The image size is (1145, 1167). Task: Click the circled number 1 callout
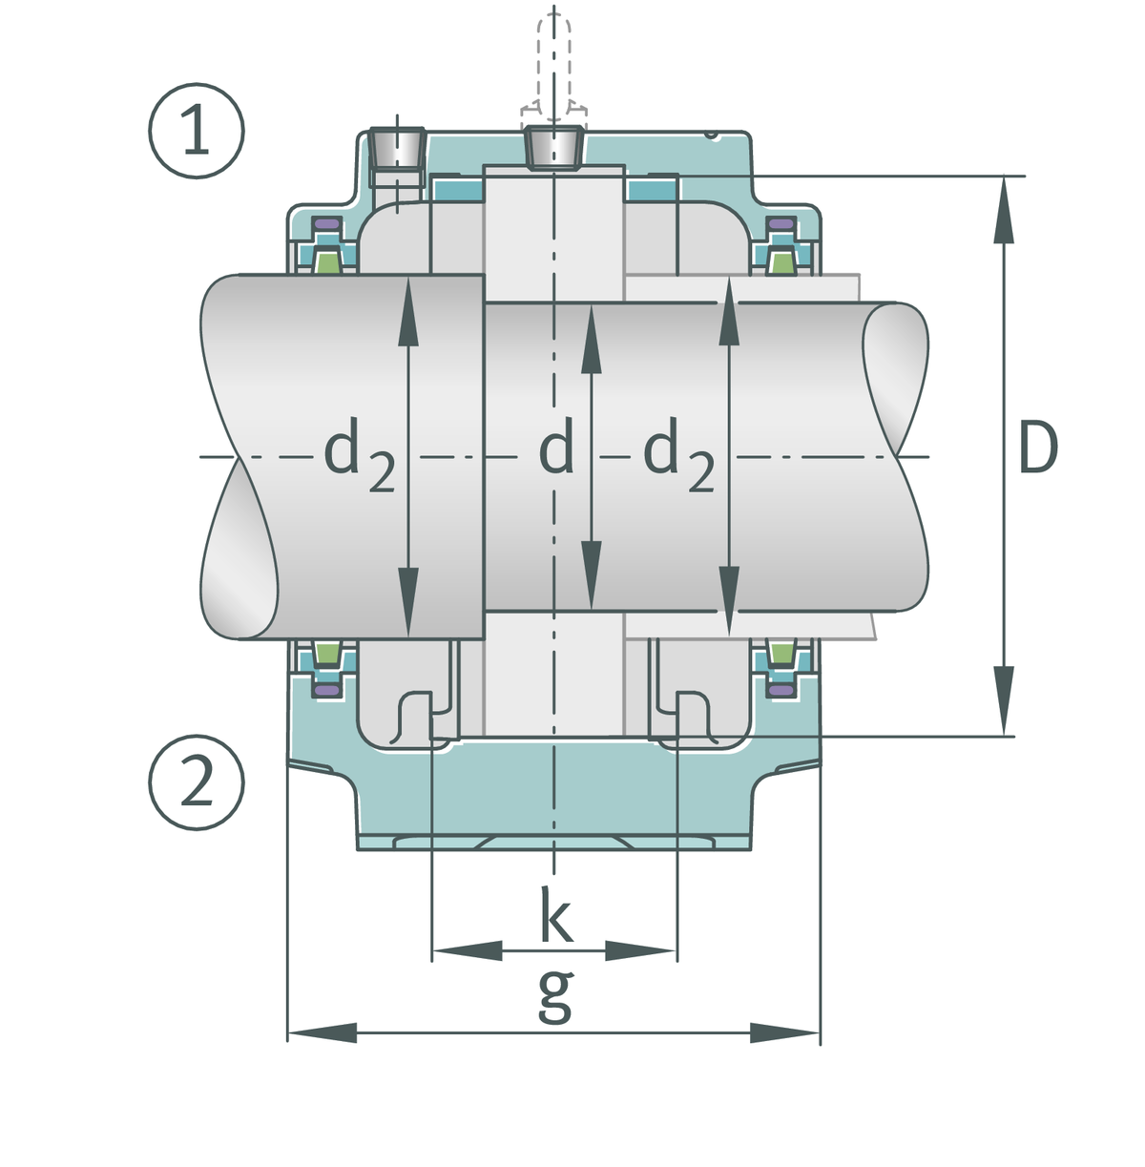[x=197, y=131]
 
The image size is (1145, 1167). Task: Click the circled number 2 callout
[x=197, y=782]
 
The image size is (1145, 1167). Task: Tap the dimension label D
[x=1038, y=448]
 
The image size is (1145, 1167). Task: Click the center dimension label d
[x=555, y=447]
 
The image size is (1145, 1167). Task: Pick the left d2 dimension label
[x=360, y=453]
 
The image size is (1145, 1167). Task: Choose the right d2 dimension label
[x=678, y=453]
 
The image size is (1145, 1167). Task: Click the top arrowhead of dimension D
[x=1004, y=210]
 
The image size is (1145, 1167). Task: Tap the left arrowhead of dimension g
[x=322, y=1033]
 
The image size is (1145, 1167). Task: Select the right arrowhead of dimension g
[x=784, y=1033]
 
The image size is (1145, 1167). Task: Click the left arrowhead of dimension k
[x=468, y=950]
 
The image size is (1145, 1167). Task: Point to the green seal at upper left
[x=327, y=262]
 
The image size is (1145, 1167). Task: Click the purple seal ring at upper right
[x=781, y=224]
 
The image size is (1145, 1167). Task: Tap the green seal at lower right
[x=781, y=653]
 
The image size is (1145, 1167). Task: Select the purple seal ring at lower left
[x=327, y=690]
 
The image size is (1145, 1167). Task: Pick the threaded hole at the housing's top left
[x=397, y=148]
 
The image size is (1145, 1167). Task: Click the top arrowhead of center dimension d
[x=592, y=339]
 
